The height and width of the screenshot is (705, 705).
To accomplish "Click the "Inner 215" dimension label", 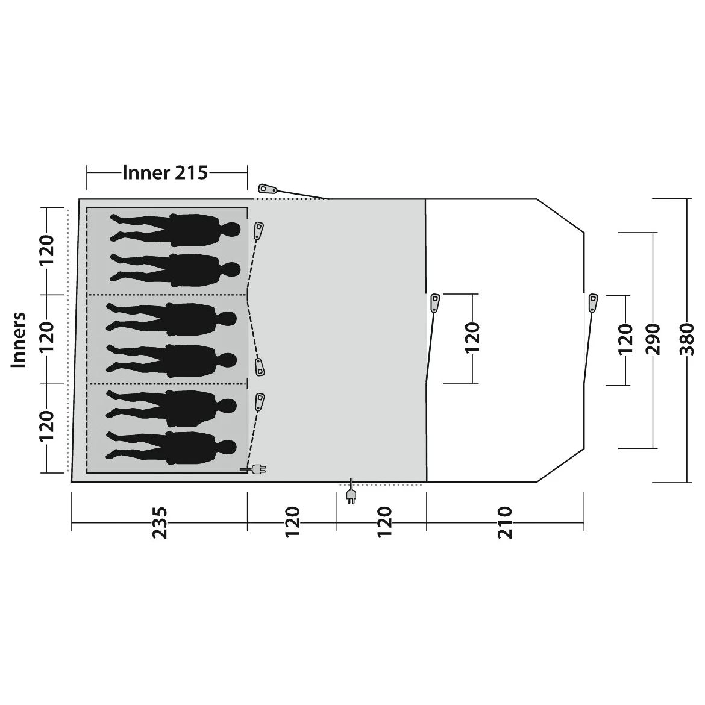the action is coord(165,173).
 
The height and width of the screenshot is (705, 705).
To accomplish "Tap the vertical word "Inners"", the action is coord(19,340).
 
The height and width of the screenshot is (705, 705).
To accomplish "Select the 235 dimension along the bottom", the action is coord(160,522).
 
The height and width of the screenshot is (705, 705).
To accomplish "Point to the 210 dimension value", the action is coord(505,522).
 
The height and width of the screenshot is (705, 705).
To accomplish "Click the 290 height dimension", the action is coord(653,339).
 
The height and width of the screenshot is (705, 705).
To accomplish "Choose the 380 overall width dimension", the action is coord(686,339).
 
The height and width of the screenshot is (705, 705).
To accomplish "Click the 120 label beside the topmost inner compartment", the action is coord(47,250).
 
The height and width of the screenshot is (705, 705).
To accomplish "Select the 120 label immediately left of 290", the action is coord(625,339).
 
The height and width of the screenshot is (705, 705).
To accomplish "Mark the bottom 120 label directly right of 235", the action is coord(292,522).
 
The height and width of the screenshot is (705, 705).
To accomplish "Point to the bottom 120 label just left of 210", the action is coord(384,522).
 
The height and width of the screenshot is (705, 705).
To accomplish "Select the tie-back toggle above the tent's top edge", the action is coord(268,189).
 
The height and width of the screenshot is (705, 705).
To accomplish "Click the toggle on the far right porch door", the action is coord(593,303).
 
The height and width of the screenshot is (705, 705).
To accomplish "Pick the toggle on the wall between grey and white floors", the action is coord(435,303).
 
